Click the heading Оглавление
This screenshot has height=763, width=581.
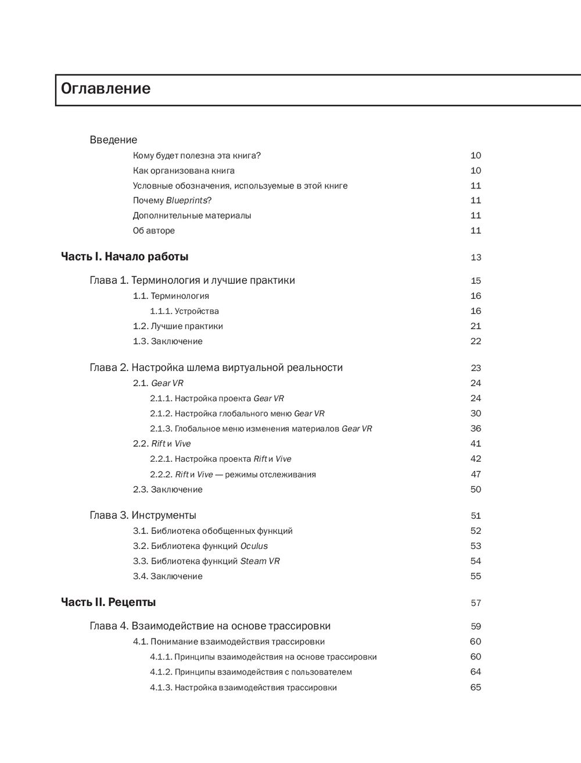pyautogui.click(x=106, y=89)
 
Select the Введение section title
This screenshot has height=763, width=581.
pyautogui.click(x=113, y=140)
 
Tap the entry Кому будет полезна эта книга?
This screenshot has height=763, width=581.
pyautogui.click(x=197, y=156)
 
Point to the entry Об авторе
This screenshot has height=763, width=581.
pyautogui.click(x=153, y=231)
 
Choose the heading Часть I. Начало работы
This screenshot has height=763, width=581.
pyautogui.click(x=124, y=257)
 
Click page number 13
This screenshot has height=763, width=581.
pyautogui.click(x=476, y=258)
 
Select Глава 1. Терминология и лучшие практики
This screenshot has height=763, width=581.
pyautogui.click(x=192, y=281)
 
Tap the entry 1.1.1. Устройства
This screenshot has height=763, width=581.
pyautogui.click(x=184, y=311)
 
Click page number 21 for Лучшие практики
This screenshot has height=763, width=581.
pyautogui.click(x=476, y=326)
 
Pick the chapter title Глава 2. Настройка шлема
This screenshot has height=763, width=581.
pyautogui.click(x=216, y=368)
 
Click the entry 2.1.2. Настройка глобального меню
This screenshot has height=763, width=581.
pyautogui.click(x=237, y=413)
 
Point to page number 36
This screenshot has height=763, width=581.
pyautogui.click(x=476, y=429)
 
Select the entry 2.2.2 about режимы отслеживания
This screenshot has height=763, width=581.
pyautogui.click(x=233, y=475)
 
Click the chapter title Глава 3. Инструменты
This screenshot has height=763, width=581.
pyautogui.click(x=143, y=516)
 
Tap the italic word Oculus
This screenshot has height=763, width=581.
pyautogui.click(x=254, y=546)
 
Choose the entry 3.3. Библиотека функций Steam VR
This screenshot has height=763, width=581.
pyautogui.click(x=206, y=561)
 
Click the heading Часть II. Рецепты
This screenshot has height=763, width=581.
pyautogui.click(x=108, y=602)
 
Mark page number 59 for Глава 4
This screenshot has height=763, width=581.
pyautogui.click(x=476, y=627)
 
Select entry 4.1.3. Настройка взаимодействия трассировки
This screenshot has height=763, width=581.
pyautogui.click(x=243, y=688)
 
